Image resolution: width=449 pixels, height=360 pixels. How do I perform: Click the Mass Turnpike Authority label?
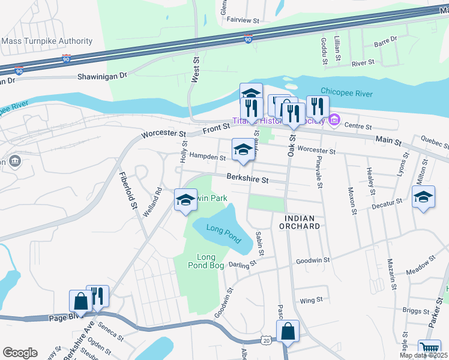47,41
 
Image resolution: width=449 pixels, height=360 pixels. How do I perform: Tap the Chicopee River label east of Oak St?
346,94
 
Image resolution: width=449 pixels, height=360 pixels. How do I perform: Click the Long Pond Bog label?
210,261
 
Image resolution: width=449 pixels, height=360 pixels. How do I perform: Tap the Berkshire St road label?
247,178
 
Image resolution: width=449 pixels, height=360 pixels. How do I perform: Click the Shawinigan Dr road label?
103,76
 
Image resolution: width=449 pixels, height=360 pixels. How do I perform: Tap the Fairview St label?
243,20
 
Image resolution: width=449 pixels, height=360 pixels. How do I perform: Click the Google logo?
20,353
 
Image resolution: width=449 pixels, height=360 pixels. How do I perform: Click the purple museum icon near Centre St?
334,122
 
